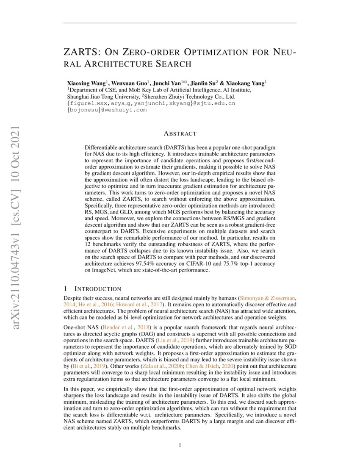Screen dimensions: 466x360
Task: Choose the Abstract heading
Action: point(180,134)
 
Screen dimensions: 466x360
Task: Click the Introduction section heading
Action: point(97,289)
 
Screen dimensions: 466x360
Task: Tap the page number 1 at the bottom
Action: point(180,445)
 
